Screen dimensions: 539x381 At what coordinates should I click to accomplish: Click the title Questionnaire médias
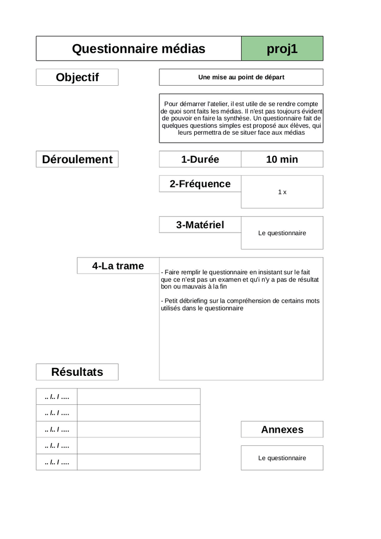[x=138, y=49]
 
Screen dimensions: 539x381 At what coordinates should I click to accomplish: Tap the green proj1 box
[x=282, y=49]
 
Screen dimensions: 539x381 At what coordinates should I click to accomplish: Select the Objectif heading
[x=77, y=77]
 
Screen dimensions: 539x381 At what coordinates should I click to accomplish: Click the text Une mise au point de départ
[x=241, y=77]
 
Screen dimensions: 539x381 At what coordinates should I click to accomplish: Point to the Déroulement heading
[x=77, y=159]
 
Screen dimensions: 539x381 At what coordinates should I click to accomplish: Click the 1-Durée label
[x=200, y=159]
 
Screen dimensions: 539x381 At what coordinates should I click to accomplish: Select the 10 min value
[x=282, y=159]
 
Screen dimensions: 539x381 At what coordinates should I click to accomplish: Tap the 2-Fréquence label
[x=200, y=184]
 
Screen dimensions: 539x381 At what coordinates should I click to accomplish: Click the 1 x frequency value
[x=282, y=192]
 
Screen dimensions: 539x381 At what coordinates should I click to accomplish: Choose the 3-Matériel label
[x=200, y=225]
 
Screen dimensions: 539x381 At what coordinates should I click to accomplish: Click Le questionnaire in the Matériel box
[x=282, y=233]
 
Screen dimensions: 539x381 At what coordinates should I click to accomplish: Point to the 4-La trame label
[x=118, y=266]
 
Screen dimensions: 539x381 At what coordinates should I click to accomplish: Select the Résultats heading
[x=77, y=372]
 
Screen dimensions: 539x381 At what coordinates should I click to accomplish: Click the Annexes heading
[x=282, y=430]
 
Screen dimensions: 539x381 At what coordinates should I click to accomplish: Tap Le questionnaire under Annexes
[x=282, y=458]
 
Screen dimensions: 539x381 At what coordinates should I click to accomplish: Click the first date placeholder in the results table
[x=57, y=396]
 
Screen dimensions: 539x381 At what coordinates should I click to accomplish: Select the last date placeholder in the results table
[x=57, y=462]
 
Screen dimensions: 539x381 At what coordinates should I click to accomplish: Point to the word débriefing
[x=195, y=301]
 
